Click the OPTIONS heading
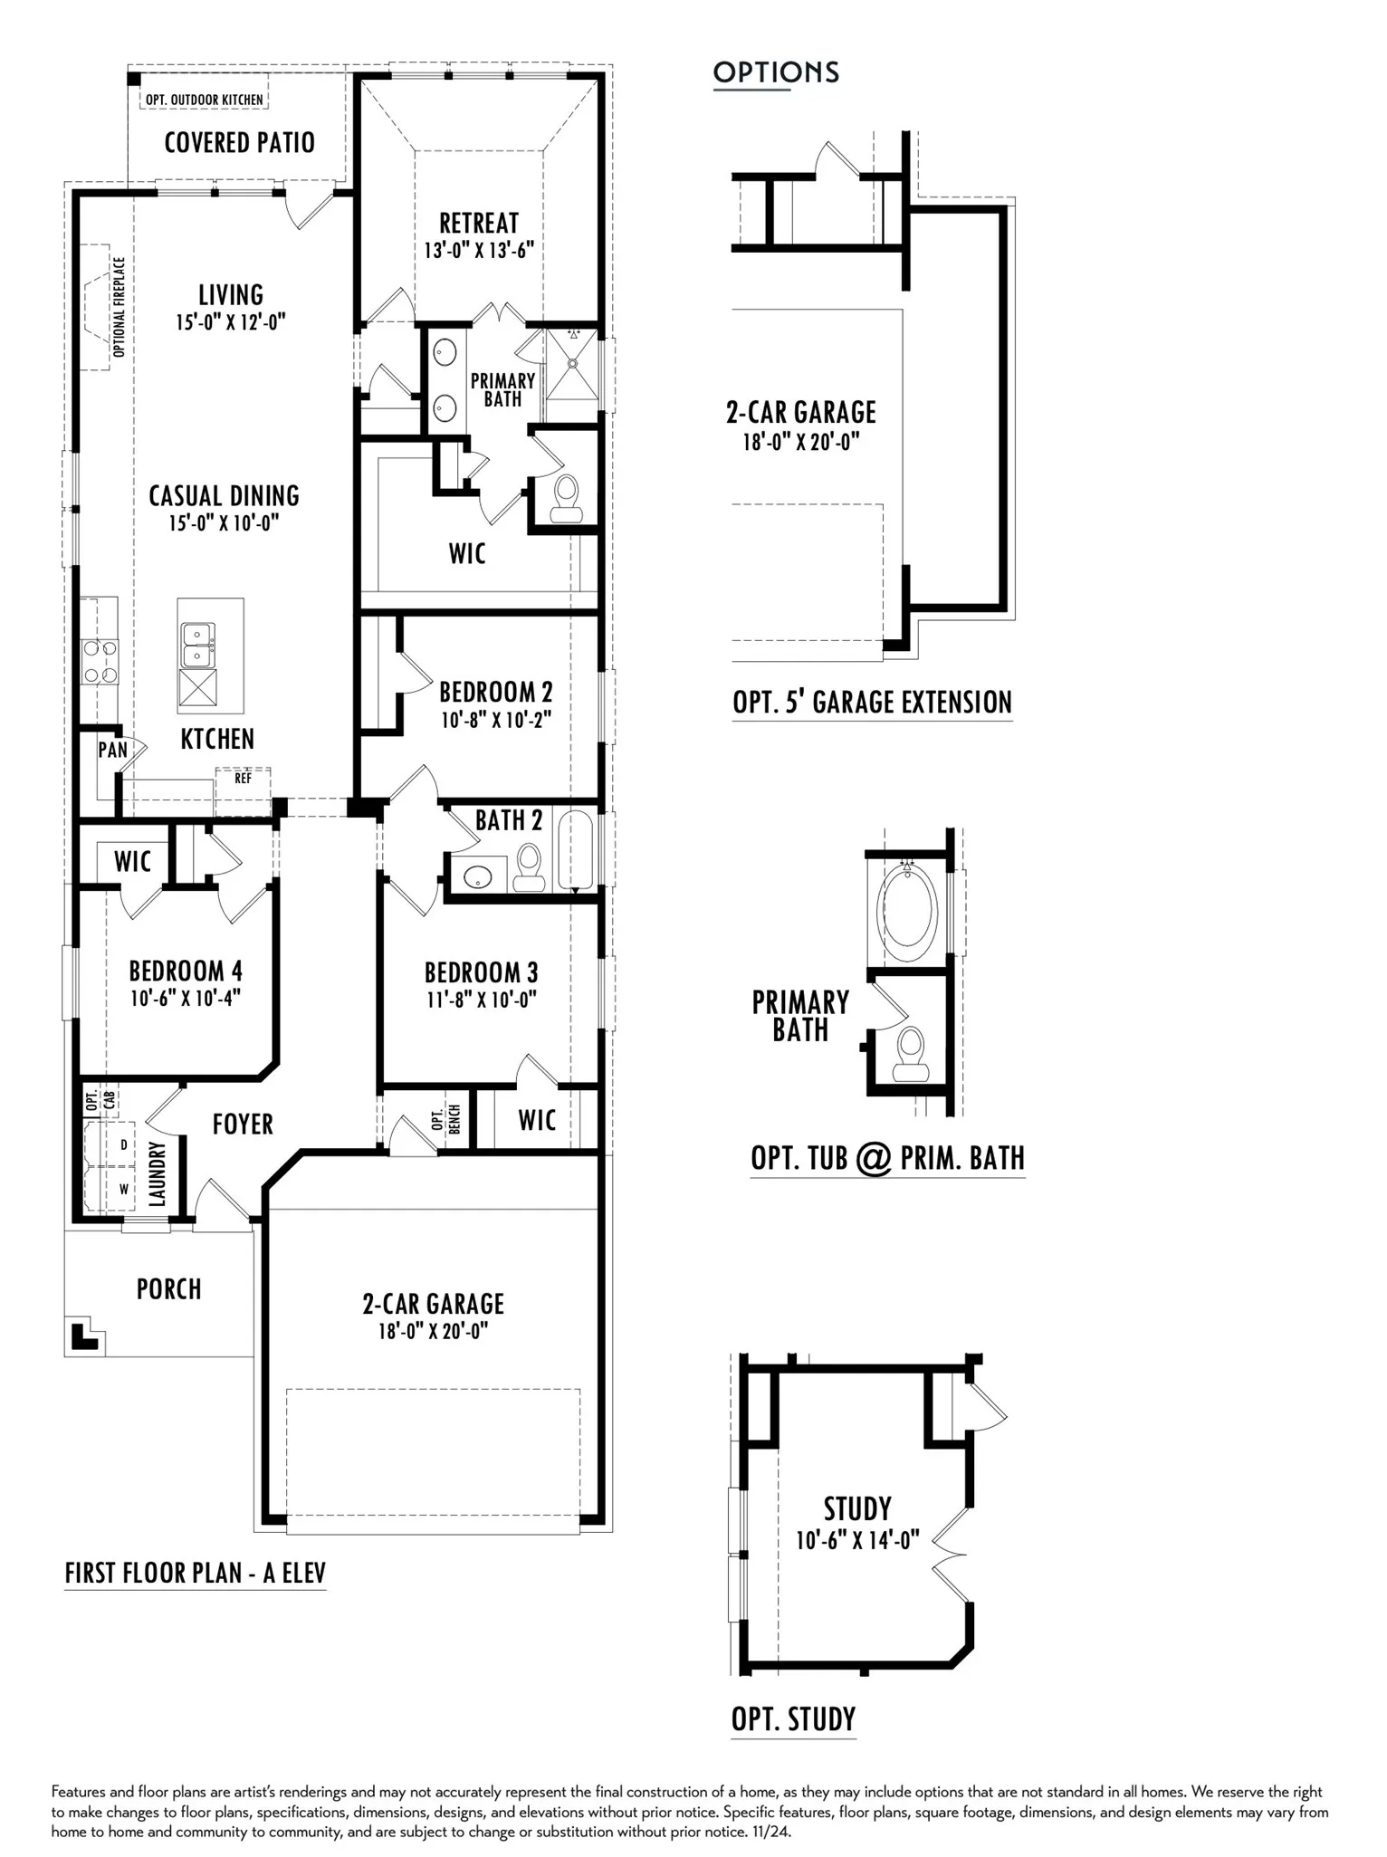point(776,72)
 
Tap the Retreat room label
point(479,223)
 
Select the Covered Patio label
point(239,142)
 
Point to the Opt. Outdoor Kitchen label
point(205,100)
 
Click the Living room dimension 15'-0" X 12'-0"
point(231,321)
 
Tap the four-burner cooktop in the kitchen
point(99,662)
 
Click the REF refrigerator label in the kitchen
point(243,778)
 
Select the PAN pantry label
point(113,750)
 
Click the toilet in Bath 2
point(528,866)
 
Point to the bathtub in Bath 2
point(575,850)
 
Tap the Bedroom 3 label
point(481,972)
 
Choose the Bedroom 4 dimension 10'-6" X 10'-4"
point(186,999)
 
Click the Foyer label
point(243,1124)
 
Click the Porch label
point(168,1288)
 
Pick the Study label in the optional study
point(857,1508)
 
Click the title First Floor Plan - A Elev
point(195,1573)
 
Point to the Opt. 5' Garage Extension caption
point(872,702)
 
